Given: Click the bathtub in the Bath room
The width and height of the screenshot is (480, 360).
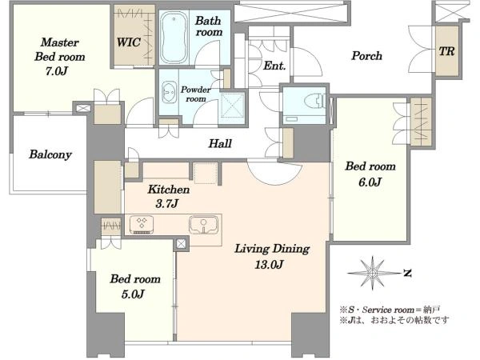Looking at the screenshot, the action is click(174, 38).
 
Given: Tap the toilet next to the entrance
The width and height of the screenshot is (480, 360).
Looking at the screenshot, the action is click(314, 101).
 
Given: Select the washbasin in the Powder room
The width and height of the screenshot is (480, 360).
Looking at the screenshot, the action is click(168, 92).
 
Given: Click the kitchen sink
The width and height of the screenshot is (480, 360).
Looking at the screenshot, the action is click(204, 225).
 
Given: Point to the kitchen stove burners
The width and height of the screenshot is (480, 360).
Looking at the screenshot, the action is click(142, 225).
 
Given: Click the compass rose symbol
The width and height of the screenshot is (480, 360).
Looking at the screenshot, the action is click(372, 273).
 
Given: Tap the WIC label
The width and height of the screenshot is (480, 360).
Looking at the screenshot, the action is click(129, 42).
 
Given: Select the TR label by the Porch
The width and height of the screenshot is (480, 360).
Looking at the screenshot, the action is click(447, 51).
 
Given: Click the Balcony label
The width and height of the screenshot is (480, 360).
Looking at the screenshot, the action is click(50, 154).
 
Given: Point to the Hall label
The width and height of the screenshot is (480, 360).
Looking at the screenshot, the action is click(220, 143).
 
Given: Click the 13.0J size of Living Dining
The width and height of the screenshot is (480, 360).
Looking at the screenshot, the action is click(269, 264).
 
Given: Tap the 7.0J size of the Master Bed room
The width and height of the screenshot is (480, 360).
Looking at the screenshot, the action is click(57, 71).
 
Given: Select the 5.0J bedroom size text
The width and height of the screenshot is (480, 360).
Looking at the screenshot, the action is click(133, 294).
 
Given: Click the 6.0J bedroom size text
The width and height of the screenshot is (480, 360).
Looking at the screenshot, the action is click(370, 182).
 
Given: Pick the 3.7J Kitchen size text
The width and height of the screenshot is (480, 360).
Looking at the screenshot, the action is click(167, 203).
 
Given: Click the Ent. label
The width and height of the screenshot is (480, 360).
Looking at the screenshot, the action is click(274, 66).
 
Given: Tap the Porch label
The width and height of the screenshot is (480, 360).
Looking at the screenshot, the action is click(366, 56).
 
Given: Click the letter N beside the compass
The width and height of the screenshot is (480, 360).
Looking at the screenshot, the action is click(407, 273).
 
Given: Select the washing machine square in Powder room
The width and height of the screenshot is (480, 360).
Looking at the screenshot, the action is click(233, 106).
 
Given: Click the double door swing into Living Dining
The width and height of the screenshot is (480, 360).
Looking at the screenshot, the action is click(274, 172).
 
